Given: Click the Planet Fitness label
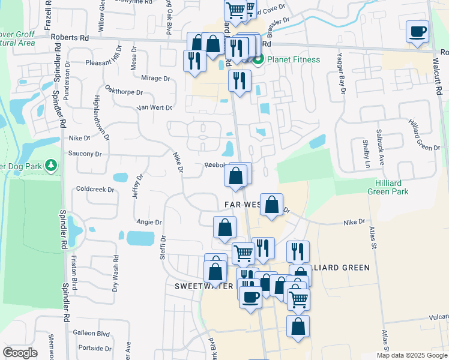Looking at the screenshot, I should coord(294,59).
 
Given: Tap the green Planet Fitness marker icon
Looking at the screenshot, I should coord(259,59).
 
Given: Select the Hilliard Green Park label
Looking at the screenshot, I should coord(388,187).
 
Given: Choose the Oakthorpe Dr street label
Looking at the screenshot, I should coord(123,92).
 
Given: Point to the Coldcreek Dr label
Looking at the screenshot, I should coord(95,189).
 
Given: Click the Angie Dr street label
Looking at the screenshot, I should coord(149,222).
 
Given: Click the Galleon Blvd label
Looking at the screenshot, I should coord(91,332).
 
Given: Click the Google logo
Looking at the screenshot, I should coord(20,353).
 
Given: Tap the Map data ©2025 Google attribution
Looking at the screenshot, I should coord(411,355).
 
